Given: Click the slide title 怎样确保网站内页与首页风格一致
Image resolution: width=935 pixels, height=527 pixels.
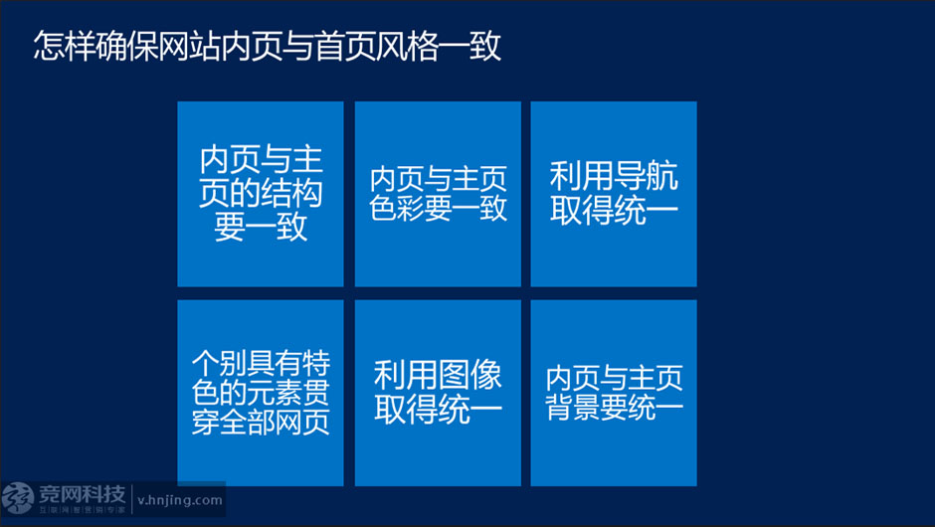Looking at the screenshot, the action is (267, 46).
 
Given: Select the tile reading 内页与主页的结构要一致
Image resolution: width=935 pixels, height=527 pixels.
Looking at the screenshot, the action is (261, 194).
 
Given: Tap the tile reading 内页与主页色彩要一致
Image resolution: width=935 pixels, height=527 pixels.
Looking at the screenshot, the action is (438, 194).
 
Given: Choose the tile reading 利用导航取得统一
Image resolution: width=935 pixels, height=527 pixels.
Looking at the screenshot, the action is (614, 194).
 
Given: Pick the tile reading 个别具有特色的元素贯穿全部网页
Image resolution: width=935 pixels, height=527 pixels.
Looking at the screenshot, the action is (261, 393).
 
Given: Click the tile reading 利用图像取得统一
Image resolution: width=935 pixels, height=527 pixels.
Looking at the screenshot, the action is (438, 393).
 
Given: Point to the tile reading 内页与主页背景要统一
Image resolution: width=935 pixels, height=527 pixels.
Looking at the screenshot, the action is (614, 393).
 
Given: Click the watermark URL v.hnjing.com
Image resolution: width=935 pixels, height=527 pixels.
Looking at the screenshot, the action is (179, 501).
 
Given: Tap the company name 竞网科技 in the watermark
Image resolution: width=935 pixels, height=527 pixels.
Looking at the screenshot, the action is (83, 494).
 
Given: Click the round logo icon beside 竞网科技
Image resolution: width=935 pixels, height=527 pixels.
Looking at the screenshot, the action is (18, 498).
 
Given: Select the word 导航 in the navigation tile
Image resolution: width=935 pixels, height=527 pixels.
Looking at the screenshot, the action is (646, 176).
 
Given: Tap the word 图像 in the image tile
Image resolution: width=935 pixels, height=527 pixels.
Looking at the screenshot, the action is (469, 376).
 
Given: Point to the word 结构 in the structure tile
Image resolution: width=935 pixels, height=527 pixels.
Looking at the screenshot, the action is (292, 193).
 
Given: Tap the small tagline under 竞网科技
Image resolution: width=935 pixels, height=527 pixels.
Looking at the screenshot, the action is (83, 510).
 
